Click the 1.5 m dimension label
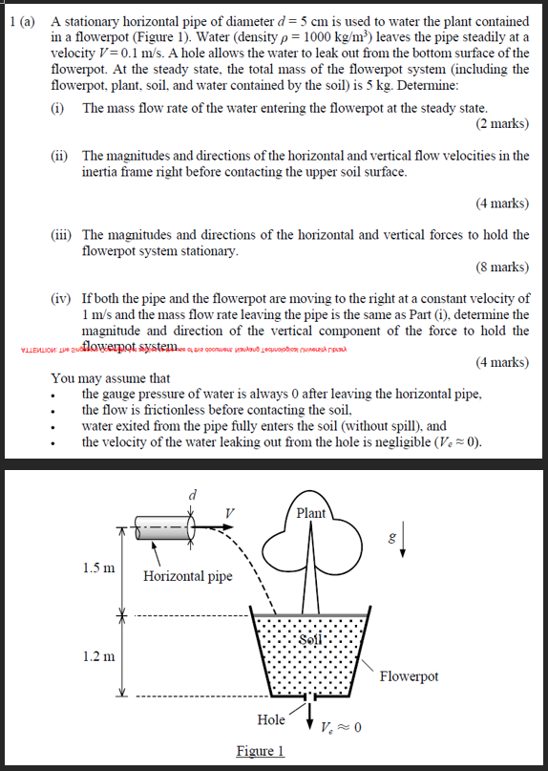(98, 567)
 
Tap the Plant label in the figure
(310, 513)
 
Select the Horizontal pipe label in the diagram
(187, 576)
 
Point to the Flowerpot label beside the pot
(410, 676)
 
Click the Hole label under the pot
(272, 719)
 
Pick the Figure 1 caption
(261, 751)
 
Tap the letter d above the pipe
(193, 494)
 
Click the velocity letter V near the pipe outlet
(229, 513)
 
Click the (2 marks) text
(501, 123)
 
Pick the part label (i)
(58, 108)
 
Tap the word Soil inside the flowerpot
(311, 638)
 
